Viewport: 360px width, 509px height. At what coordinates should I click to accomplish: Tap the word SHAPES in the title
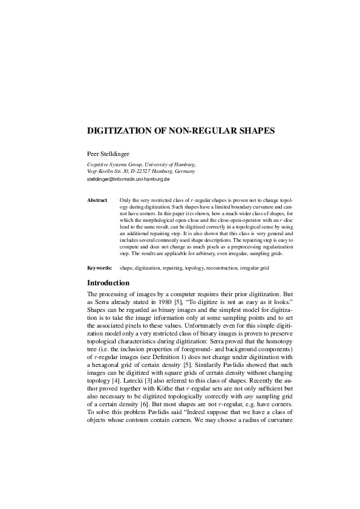tap(254, 129)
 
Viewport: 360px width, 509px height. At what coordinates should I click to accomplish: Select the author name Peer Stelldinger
tap(111, 154)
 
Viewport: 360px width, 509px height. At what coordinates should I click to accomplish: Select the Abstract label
tap(97, 199)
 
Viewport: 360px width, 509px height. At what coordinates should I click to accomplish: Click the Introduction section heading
tap(108, 282)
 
